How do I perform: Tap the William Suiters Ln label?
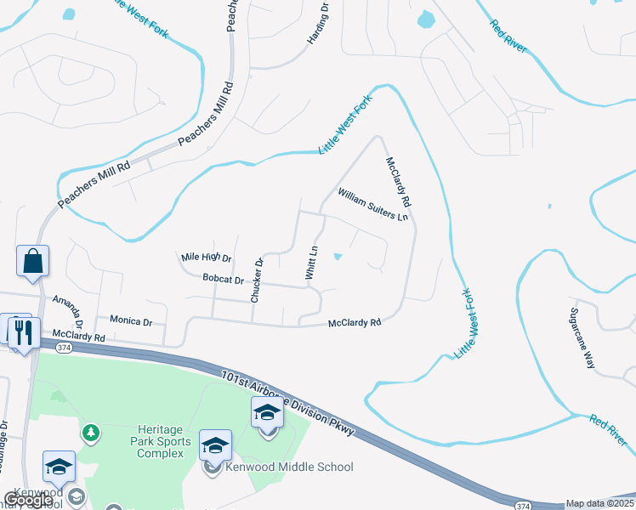(x=373, y=205)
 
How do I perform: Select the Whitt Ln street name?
(x=312, y=263)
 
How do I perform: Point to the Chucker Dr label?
(x=255, y=280)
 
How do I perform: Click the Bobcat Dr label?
(x=224, y=279)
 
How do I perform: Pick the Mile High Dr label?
(x=207, y=257)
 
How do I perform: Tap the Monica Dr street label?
(x=131, y=321)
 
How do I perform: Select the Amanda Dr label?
(x=67, y=312)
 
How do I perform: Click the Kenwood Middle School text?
(x=289, y=467)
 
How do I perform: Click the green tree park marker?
(x=90, y=433)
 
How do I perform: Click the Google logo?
(x=28, y=500)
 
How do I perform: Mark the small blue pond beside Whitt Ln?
(x=338, y=256)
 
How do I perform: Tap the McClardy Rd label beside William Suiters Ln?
(x=398, y=183)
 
